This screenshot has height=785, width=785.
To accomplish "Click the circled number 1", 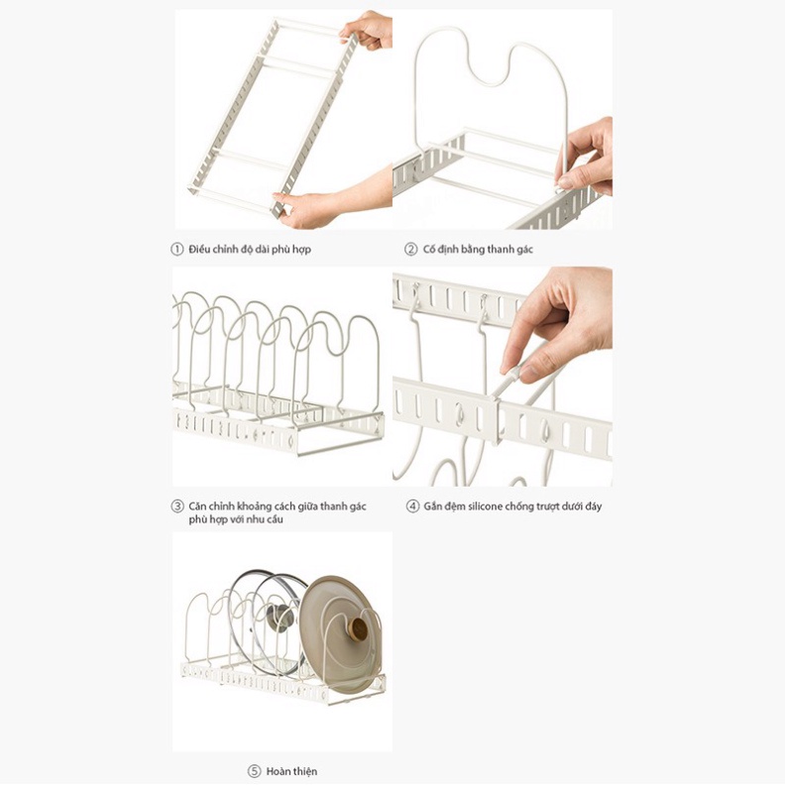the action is point(177,249).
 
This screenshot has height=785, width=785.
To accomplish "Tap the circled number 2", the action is point(410,249).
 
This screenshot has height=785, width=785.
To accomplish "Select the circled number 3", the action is point(177,506).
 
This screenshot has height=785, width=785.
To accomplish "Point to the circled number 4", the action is point(412,506).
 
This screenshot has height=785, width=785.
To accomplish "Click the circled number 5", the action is point(255,771).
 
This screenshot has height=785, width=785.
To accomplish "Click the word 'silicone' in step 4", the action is point(485,506).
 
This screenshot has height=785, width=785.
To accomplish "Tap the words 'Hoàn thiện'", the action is point(291,771).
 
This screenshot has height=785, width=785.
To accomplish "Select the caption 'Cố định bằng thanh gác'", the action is point(478,250).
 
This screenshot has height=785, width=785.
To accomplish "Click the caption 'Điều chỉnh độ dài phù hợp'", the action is point(250,250).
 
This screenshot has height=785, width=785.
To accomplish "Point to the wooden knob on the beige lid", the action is point(359,628).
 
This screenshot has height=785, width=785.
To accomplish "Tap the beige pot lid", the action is point(340,633).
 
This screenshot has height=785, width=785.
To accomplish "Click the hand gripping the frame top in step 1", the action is point(367,30).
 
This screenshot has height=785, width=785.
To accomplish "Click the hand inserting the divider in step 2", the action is point(586,156).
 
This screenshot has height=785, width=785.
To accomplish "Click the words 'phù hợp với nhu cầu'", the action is point(236,519).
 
